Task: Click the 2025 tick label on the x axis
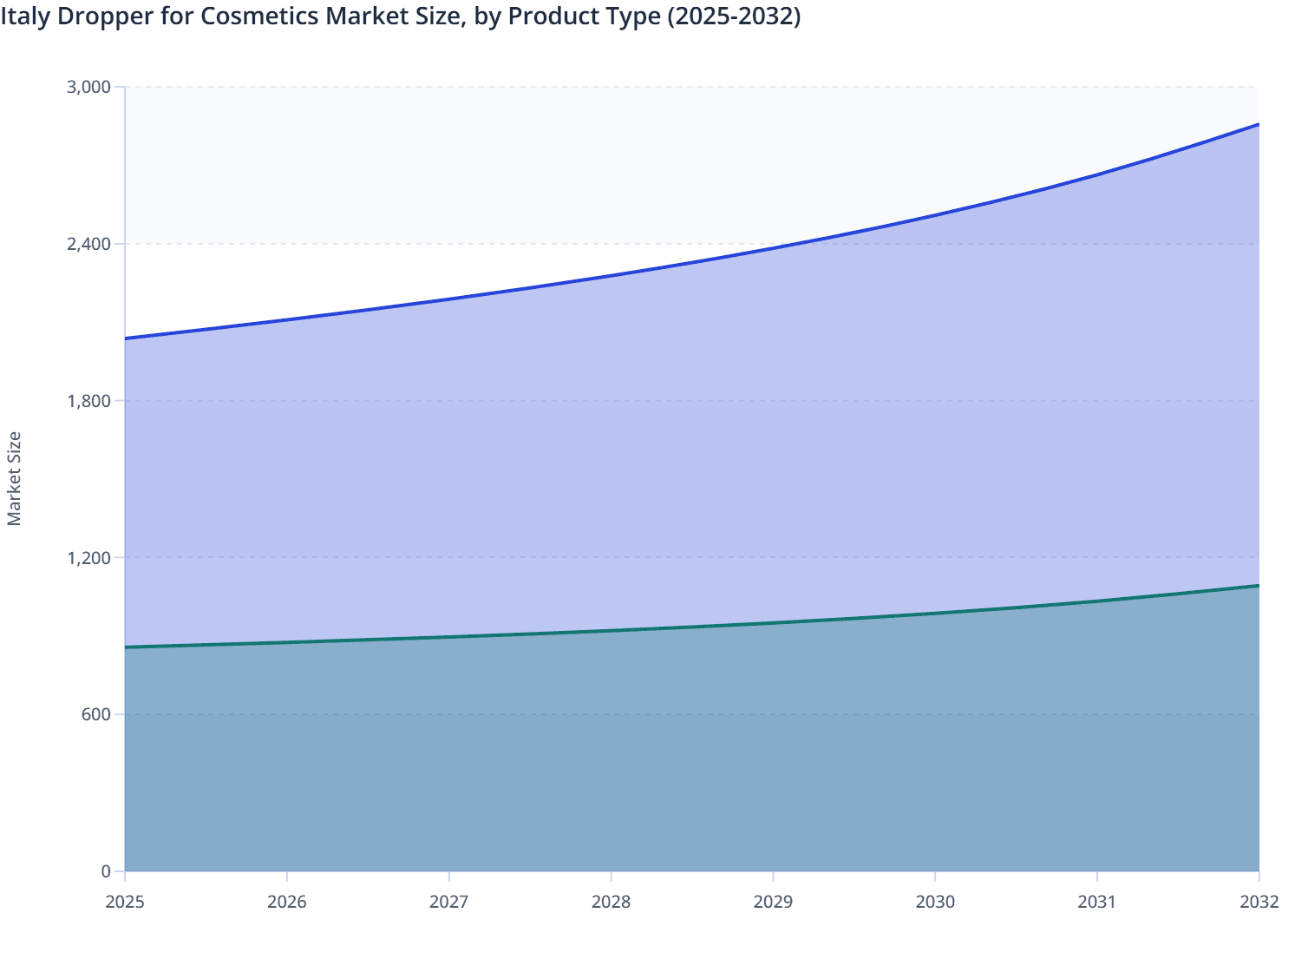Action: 125,902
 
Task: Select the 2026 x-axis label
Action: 287,902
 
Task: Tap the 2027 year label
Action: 449,902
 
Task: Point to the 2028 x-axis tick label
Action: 611,902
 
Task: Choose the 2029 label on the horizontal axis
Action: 773,902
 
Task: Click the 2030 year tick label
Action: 935,902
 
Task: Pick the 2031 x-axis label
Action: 1097,902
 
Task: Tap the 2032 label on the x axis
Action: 1259,902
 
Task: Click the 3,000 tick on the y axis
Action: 89,87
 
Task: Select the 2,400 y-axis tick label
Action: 89,244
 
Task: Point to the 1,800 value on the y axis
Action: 89,401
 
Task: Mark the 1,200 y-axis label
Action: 89,557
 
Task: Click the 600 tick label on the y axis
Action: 97,714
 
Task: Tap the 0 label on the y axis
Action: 107,871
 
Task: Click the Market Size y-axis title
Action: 14,478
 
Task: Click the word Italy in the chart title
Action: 25,16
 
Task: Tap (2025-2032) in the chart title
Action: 733,16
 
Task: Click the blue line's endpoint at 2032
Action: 1259,124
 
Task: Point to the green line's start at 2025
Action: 126,647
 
